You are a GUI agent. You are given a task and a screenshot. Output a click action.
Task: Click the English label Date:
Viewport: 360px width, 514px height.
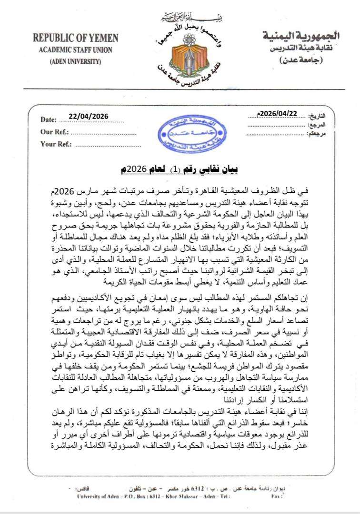[x=49, y=119]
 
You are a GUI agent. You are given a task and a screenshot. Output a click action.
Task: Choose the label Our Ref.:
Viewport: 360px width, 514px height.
[x=55, y=132]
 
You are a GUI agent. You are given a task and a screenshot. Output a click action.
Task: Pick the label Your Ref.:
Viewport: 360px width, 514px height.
[x=56, y=144]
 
